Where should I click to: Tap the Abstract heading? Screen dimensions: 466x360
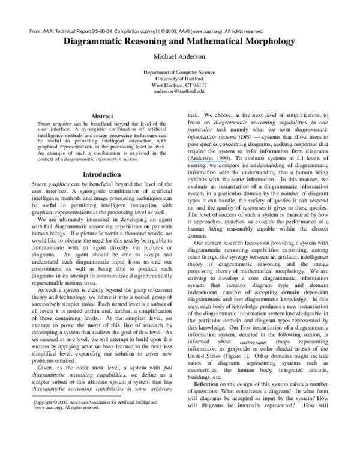(101, 116)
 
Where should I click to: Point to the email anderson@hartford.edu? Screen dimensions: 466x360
(180, 91)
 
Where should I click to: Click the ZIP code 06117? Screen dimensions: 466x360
(197, 85)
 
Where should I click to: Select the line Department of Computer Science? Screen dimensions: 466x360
(180, 72)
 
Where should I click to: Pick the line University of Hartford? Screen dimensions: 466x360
(180, 78)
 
